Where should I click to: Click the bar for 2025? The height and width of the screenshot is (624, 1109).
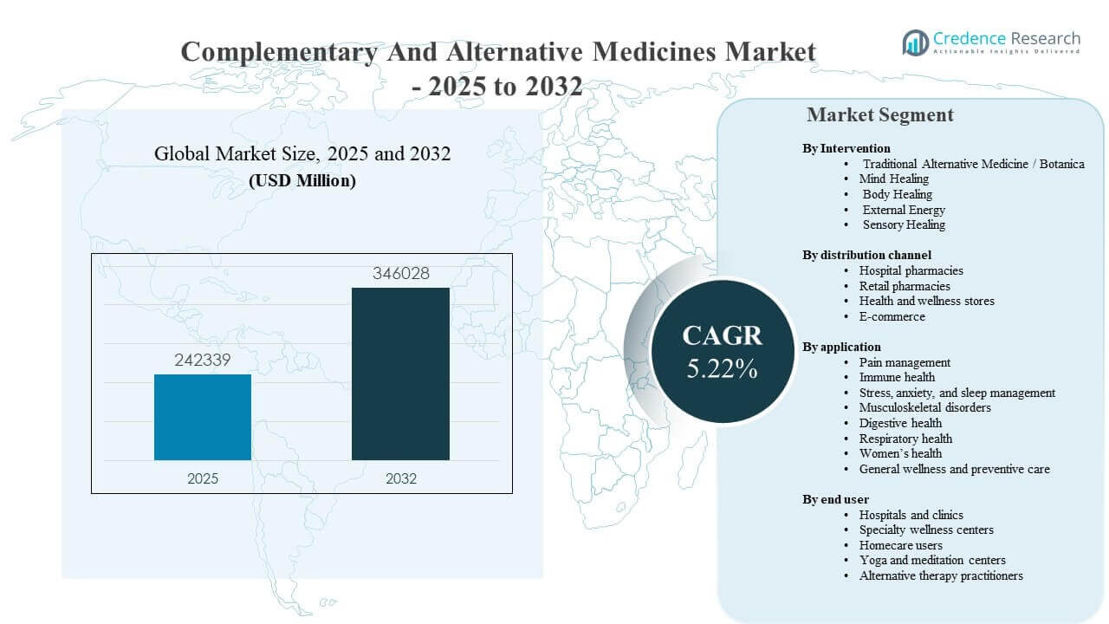[x=203, y=417]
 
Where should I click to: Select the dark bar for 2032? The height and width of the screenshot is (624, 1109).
[x=400, y=374]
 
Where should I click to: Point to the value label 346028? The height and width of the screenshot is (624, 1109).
[x=400, y=274]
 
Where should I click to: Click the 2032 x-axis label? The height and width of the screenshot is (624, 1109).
[x=400, y=478]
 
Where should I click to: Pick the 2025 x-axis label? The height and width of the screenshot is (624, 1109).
[x=203, y=478]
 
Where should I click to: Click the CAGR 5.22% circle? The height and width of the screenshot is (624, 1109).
[x=722, y=350]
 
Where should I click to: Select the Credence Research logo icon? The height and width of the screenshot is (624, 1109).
[x=915, y=42]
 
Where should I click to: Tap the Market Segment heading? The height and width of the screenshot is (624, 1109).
[x=879, y=114]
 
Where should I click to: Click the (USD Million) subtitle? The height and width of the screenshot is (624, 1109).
[x=302, y=181]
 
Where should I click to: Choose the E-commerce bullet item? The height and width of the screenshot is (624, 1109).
[x=892, y=316]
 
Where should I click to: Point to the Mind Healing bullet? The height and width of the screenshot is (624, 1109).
[x=893, y=179]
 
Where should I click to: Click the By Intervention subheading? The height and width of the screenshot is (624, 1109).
[x=846, y=148]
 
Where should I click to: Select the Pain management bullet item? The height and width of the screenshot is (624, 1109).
[x=905, y=362]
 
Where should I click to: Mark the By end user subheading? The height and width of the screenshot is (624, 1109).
[x=835, y=499]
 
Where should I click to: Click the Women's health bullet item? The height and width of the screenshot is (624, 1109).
[x=900, y=453]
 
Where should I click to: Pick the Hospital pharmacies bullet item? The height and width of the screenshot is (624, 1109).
[x=911, y=270]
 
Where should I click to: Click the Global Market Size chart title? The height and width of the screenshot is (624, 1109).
[x=302, y=154]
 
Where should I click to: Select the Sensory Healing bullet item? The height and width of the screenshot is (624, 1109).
[x=903, y=224]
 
